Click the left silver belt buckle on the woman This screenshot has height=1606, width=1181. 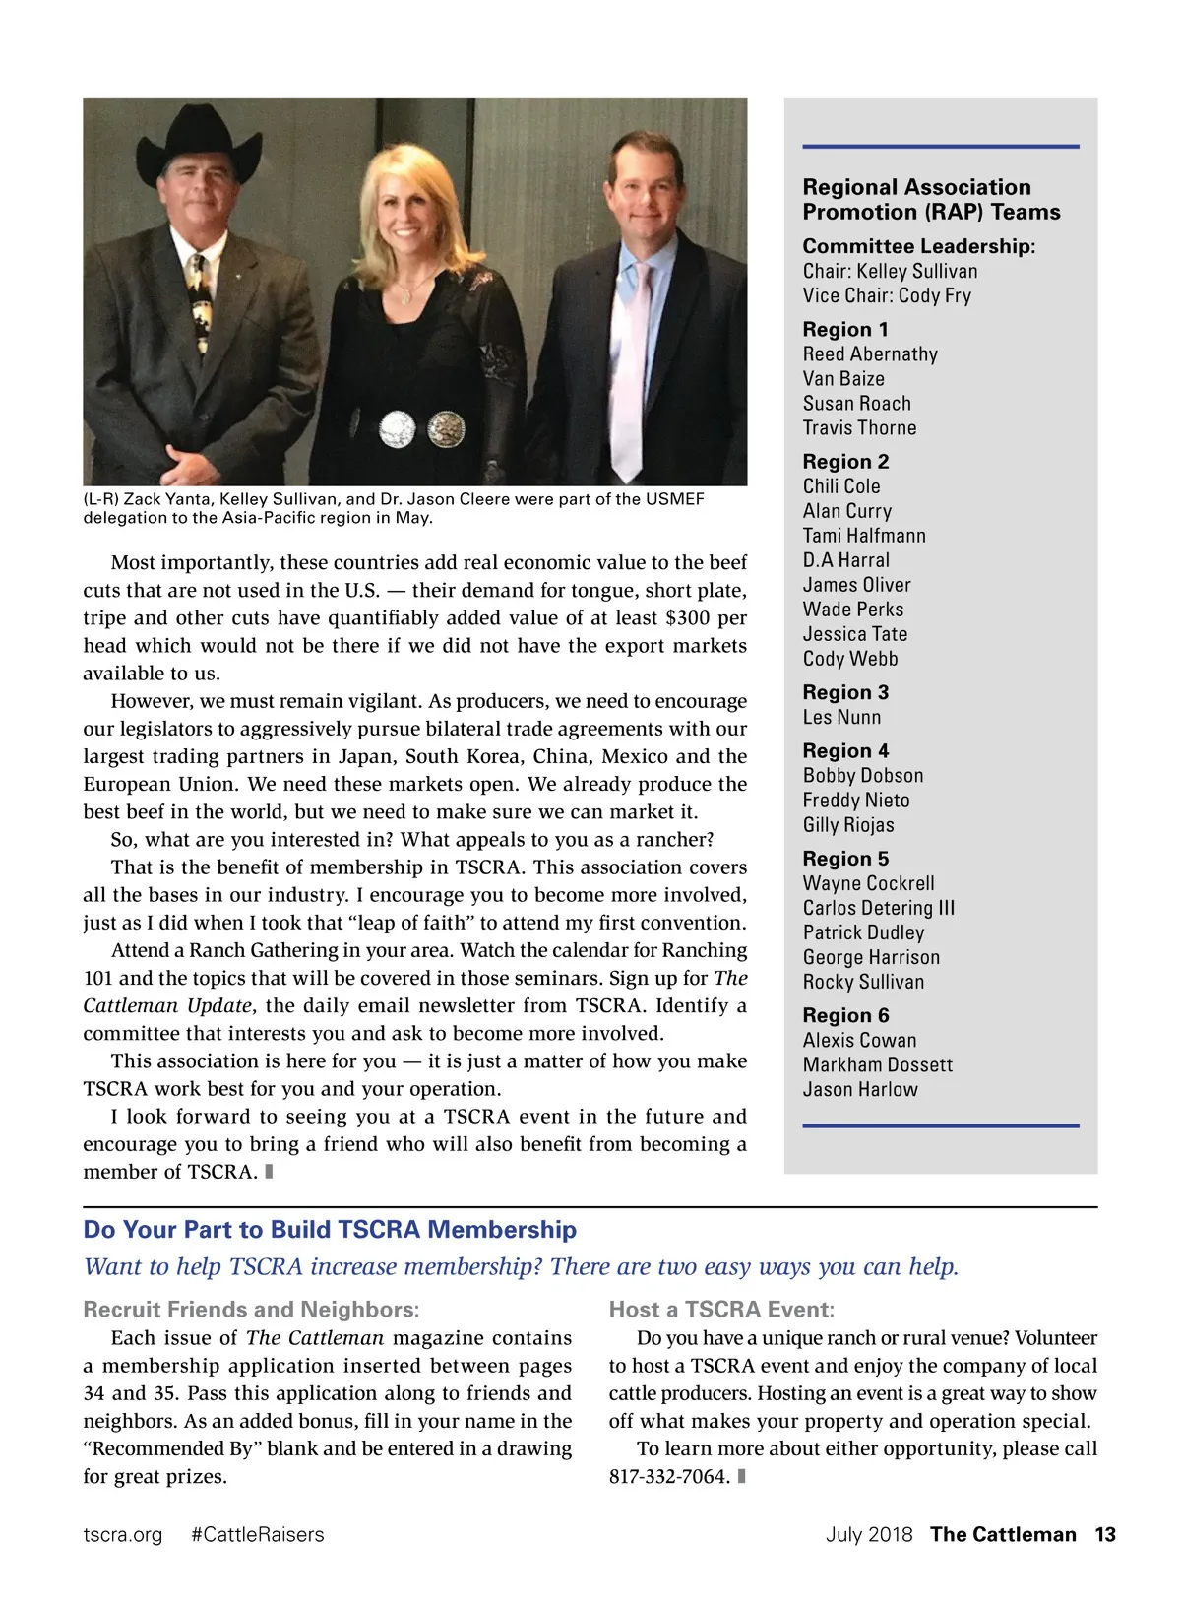pos(399,427)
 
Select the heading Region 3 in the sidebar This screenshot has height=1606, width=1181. pos(845,692)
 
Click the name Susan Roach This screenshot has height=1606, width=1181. pos(856,403)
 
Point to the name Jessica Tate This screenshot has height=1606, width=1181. pos(854,634)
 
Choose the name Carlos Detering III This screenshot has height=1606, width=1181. pos(878,908)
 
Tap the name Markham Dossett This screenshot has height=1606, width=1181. pos(877,1064)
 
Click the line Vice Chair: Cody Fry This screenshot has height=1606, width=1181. pos(886,295)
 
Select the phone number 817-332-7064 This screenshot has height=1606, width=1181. pos(669,1476)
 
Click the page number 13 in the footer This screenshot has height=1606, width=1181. pos(1104,1534)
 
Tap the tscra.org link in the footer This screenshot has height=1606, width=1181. pos(123,1534)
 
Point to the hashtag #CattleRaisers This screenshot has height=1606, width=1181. pos(257,1534)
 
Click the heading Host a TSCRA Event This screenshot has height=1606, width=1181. pos(721,1310)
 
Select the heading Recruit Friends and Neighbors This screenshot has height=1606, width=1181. pos(251,1310)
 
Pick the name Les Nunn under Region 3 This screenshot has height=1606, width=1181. pos(841,717)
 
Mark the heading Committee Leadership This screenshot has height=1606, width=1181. pos(918,246)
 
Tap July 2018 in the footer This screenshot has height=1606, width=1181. pos(869,1534)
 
